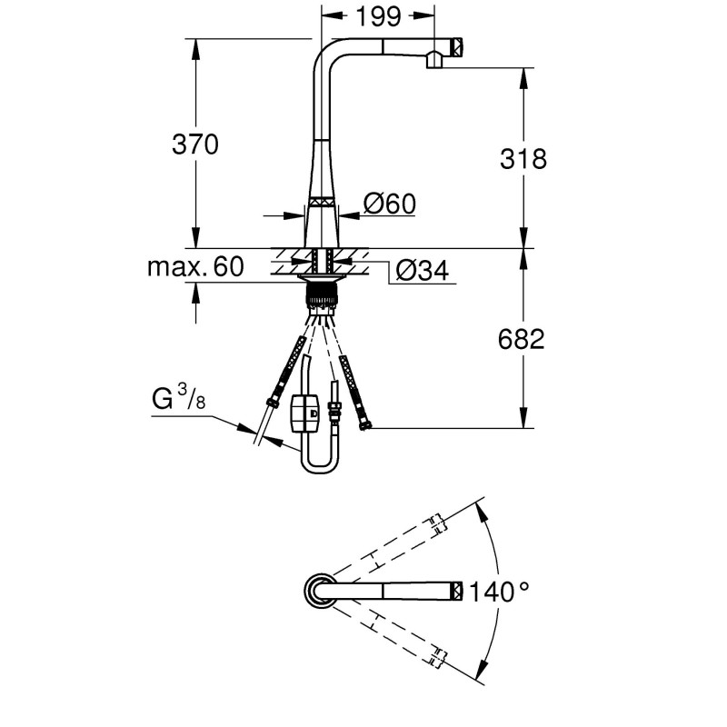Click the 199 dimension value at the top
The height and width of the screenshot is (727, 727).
(x=378, y=15)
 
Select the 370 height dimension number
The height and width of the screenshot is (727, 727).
(x=195, y=144)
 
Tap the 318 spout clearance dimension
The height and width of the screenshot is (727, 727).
(x=523, y=159)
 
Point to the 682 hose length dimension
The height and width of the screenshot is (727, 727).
(x=521, y=339)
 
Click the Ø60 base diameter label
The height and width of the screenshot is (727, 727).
(x=390, y=204)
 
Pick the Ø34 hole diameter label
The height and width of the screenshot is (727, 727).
(x=423, y=270)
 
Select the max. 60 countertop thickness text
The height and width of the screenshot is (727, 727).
(x=195, y=267)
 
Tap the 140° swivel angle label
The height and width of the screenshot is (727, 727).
(x=499, y=592)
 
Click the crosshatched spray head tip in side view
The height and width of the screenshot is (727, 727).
(x=457, y=46)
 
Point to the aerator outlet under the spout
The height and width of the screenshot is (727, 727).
(x=434, y=60)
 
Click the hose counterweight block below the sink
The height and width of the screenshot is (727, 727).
(x=304, y=413)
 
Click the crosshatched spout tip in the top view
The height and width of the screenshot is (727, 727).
(x=457, y=591)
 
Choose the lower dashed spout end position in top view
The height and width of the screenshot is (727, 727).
(x=437, y=656)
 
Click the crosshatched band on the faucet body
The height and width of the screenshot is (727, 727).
(x=322, y=204)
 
